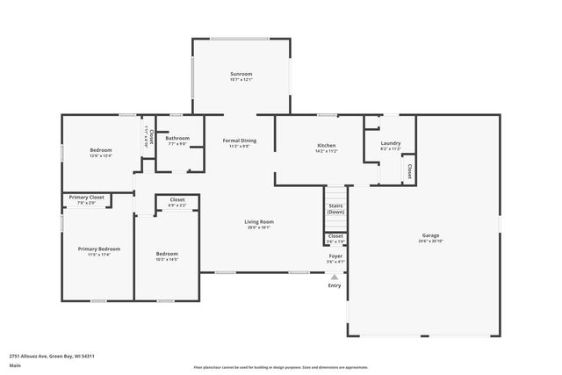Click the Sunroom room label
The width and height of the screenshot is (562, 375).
point(241,74)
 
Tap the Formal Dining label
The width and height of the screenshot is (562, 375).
point(240,141)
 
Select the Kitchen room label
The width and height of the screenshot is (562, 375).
point(327,145)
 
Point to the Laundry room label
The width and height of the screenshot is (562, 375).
point(391,144)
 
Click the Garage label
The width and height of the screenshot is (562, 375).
point(430,235)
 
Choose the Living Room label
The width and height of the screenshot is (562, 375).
point(259,221)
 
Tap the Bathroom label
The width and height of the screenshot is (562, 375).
point(177,138)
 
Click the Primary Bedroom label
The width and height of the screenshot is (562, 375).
point(98,249)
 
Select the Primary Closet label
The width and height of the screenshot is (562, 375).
point(86,198)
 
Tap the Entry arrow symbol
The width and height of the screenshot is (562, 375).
point(334,276)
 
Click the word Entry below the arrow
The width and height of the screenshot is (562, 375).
point(335,285)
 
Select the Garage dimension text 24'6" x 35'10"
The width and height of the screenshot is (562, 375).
point(430,241)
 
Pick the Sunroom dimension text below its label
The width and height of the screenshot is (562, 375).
point(241,80)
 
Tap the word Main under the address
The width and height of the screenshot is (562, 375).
point(15,367)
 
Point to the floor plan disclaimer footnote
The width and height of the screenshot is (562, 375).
point(281,367)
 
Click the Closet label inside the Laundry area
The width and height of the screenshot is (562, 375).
point(409,171)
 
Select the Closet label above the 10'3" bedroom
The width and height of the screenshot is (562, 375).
point(177,200)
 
